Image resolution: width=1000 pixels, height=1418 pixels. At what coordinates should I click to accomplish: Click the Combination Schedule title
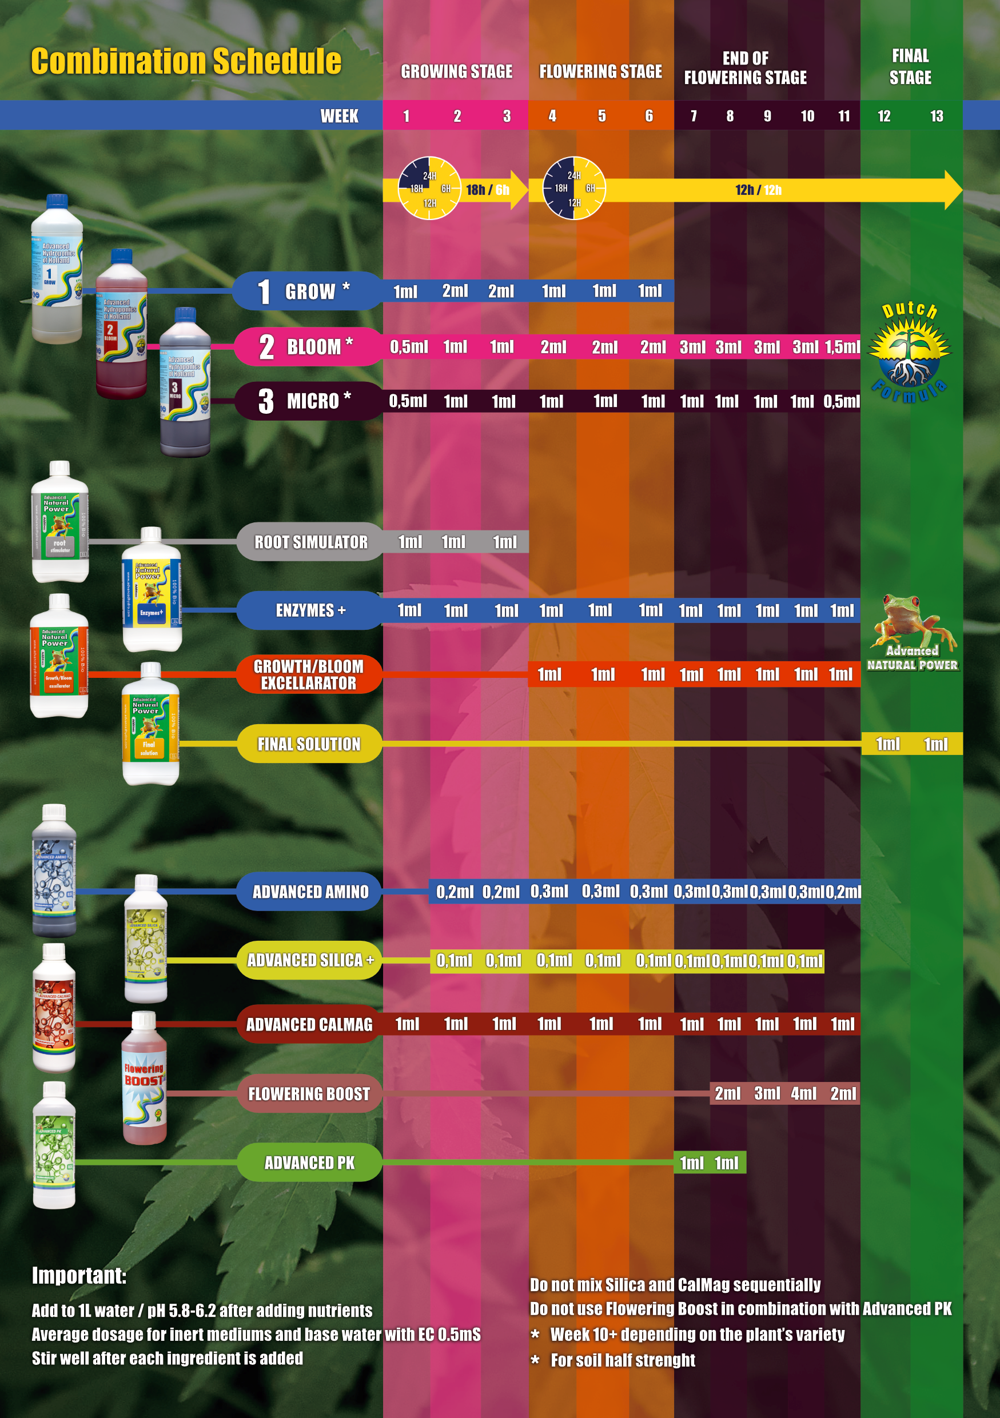pyautogui.click(x=186, y=61)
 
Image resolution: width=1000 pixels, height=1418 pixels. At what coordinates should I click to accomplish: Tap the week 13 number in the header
pyautogui.click(x=937, y=116)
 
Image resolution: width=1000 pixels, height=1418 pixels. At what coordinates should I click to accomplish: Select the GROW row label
pyautogui.click(x=309, y=291)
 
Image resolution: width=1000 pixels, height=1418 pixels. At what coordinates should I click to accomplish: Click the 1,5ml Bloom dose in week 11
pyautogui.click(x=842, y=347)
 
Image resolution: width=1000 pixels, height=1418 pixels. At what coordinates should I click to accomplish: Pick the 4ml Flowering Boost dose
pyautogui.click(x=803, y=1094)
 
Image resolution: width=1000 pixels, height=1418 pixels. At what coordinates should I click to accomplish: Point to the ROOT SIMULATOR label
pyautogui.click(x=310, y=542)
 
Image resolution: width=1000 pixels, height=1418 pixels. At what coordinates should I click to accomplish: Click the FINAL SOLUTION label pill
pyautogui.click(x=309, y=744)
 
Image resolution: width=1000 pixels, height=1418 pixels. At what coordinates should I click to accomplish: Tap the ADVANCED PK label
pyautogui.click(x=309, y=1163)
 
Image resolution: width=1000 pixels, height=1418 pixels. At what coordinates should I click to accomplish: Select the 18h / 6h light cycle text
pyautogui.click(x=487, y=190)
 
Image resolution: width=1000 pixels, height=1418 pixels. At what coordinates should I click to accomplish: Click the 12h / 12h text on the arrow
pyautogui.click(x=758, y=190)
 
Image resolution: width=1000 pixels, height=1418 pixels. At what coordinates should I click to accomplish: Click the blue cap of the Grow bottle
pyautogui.click(x=57, y=201)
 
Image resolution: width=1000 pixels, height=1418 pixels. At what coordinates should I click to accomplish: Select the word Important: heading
pyautogui.click(x=79, y=1275)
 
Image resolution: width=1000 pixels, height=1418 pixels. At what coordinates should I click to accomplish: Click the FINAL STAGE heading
pyautogui.click(x=910, y=67)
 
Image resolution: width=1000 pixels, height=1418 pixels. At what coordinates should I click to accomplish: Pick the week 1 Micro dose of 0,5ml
pyautogui.click(x=408, y=401)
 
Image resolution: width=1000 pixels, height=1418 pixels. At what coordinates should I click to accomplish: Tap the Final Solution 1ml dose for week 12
pyautogui.click(x=887, y=744)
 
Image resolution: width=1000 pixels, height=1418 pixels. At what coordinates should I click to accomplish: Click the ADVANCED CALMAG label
pyautogui.click(x=309, y=1025)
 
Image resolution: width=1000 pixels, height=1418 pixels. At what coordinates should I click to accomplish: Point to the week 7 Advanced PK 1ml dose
pyautogui.click(x=691, y=1163)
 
